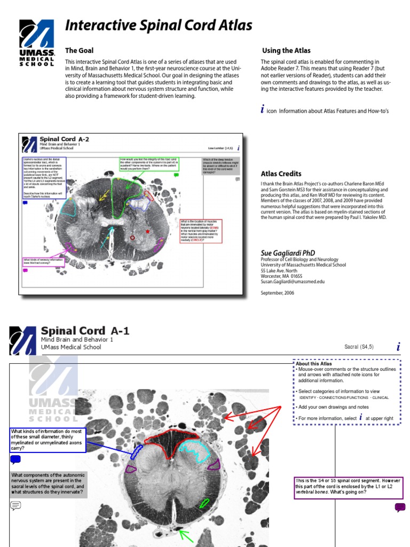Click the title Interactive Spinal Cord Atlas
tap(158, 26)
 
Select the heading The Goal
tap(79, 51)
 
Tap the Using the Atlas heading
tap(286, 51)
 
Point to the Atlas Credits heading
tap(281, 174)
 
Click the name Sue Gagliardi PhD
tap(288, 253)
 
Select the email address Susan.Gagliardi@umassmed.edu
tap(293, 282)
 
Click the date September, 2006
tap(277, 293)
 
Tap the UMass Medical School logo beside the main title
tap(37, 43)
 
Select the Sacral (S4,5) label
tap(359, 347)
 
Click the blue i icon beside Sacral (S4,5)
tap(398, 347)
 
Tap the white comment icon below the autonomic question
tap(15, 505)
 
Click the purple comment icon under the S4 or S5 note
tap(400, 507)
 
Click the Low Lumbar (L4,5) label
tap(220, 148)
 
